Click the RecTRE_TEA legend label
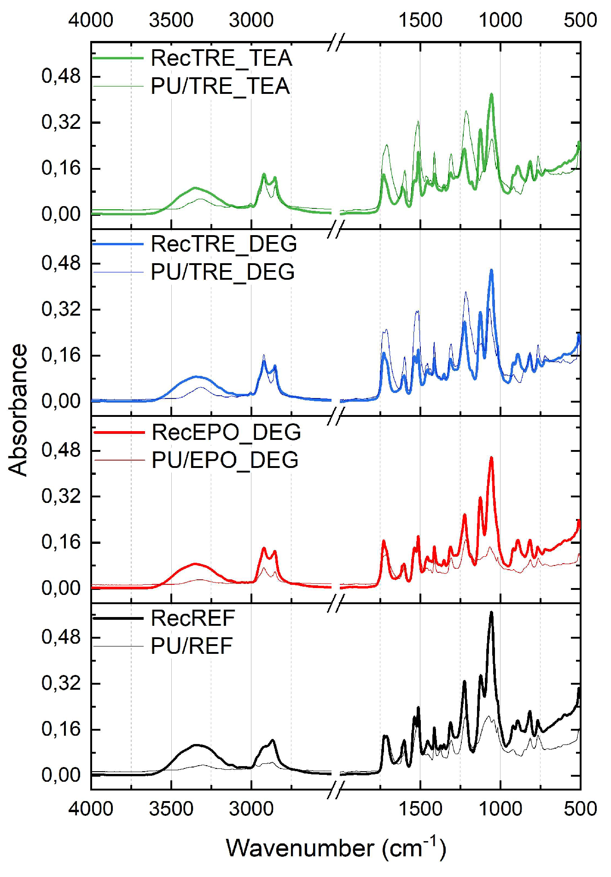pos(221,58)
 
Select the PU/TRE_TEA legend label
pos(220,87)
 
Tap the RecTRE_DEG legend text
pos(224,244)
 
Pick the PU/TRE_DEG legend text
pos(222,272)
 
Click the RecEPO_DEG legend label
pos(226,433)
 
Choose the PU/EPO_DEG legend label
pos(225,461)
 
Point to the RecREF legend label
pos(192,618)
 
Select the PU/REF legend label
pos(192,646)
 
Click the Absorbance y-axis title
pos(18,410)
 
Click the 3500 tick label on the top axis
pos(171,20)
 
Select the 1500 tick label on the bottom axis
pos(420,808)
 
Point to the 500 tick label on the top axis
pos(580,20)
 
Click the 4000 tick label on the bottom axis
pos(91,808)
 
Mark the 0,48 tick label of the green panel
pos(61,76)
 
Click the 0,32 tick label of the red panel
pos(61,496)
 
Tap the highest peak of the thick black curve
pos(491,613)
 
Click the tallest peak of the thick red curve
pos(491,458)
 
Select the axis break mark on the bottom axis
pos(337,790)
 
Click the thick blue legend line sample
pos(118,244)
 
